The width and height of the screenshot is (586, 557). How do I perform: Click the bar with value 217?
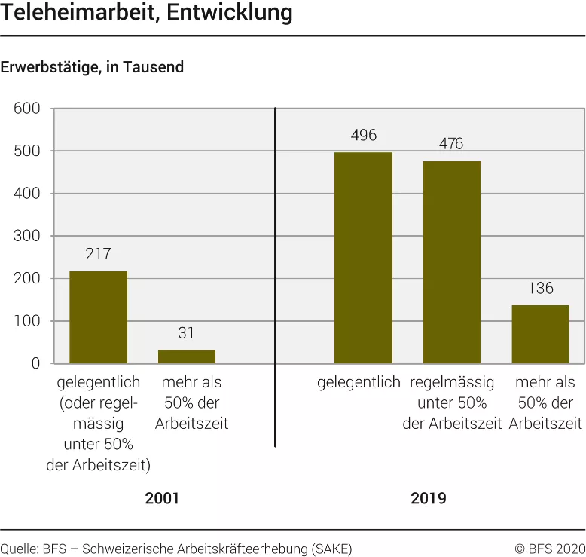(x=98, y=317)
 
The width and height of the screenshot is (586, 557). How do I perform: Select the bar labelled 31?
(x=186, y=357)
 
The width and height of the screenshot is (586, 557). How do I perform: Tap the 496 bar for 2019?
(x=363, y=258)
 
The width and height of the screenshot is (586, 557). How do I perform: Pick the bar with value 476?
(x=451, y=262)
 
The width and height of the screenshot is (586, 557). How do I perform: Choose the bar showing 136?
(x=540, y=335)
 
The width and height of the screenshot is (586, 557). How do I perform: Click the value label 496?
(x=363, y=136)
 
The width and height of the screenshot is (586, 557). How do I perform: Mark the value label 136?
(x=540, y=289)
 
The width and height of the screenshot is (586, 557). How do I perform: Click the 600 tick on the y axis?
(x=27, y=109)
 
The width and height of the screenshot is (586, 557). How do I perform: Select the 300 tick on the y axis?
(x=27, y=237)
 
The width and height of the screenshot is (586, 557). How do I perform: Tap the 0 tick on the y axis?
(x=35, y=364)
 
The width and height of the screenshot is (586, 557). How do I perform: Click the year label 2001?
(x=163, y=498)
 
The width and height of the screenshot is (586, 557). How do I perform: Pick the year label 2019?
(x=428, y=498)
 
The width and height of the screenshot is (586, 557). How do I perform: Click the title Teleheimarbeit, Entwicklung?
(x=147, y=13)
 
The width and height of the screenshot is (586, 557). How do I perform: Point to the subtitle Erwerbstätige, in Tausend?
(x=92, y=67)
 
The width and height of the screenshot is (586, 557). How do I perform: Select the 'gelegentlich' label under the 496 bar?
(x=359, y=382)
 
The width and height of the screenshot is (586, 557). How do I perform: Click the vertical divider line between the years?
(x=275, y=279)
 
